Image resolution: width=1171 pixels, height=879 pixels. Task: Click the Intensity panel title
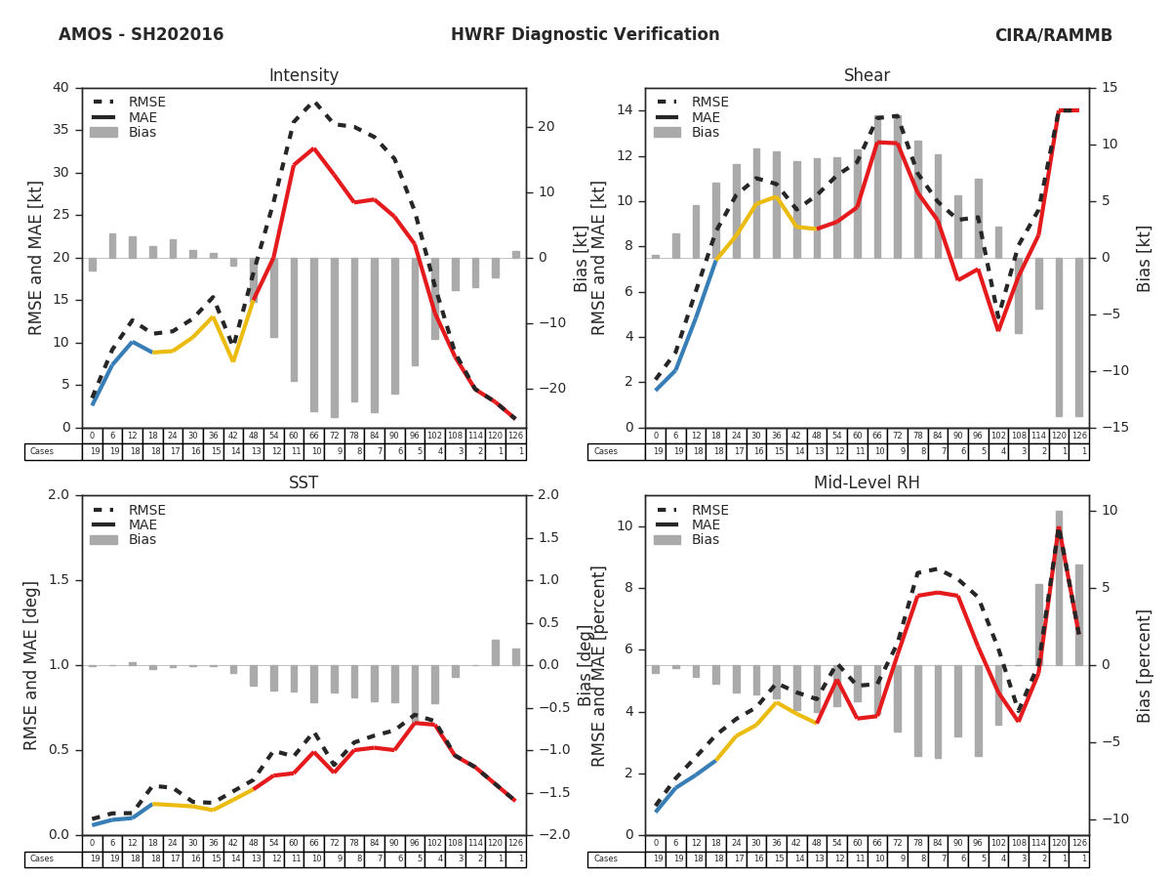click(x=303, y=76)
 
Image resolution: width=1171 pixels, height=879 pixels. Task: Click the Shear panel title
click(x=867, y=76)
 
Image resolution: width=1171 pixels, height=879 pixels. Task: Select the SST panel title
click(x=303, y=483)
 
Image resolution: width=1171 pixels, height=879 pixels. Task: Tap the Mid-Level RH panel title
click(x=867, y=483)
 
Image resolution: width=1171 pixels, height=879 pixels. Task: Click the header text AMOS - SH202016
click(x=141, y=35)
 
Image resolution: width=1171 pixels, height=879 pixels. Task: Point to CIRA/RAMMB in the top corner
click(x=1053, y=35)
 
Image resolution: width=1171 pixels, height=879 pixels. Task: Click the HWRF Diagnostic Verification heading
click(x=585, y=35)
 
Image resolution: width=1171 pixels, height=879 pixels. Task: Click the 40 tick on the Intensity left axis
click(x=61, y=88)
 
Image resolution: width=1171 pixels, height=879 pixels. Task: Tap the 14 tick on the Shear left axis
click(x=625, y=110)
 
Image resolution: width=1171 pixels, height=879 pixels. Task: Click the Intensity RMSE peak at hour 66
click(x=314, y=103)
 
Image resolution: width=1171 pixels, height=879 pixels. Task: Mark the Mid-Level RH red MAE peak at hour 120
click(x=1059, y=528)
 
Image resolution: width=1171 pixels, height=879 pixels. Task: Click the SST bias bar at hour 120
click(x=496, y=652)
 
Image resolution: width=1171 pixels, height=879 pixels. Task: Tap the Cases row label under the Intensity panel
click(x=42, y=451)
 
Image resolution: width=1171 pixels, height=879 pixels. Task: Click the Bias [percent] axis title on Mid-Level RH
click(x=1145, y=665)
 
